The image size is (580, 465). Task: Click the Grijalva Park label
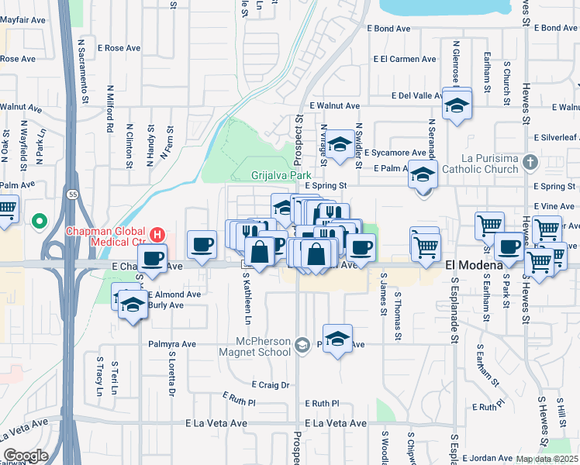click(x=276, y=176)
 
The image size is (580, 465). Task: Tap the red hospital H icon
click(x=157, y=233)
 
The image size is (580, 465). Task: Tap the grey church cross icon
click(x=530, y=163)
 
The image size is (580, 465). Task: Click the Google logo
click(x=26, y=455)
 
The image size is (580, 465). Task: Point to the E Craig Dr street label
click(x=270, y=384)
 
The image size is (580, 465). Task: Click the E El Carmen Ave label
click(x=404, y=59)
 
